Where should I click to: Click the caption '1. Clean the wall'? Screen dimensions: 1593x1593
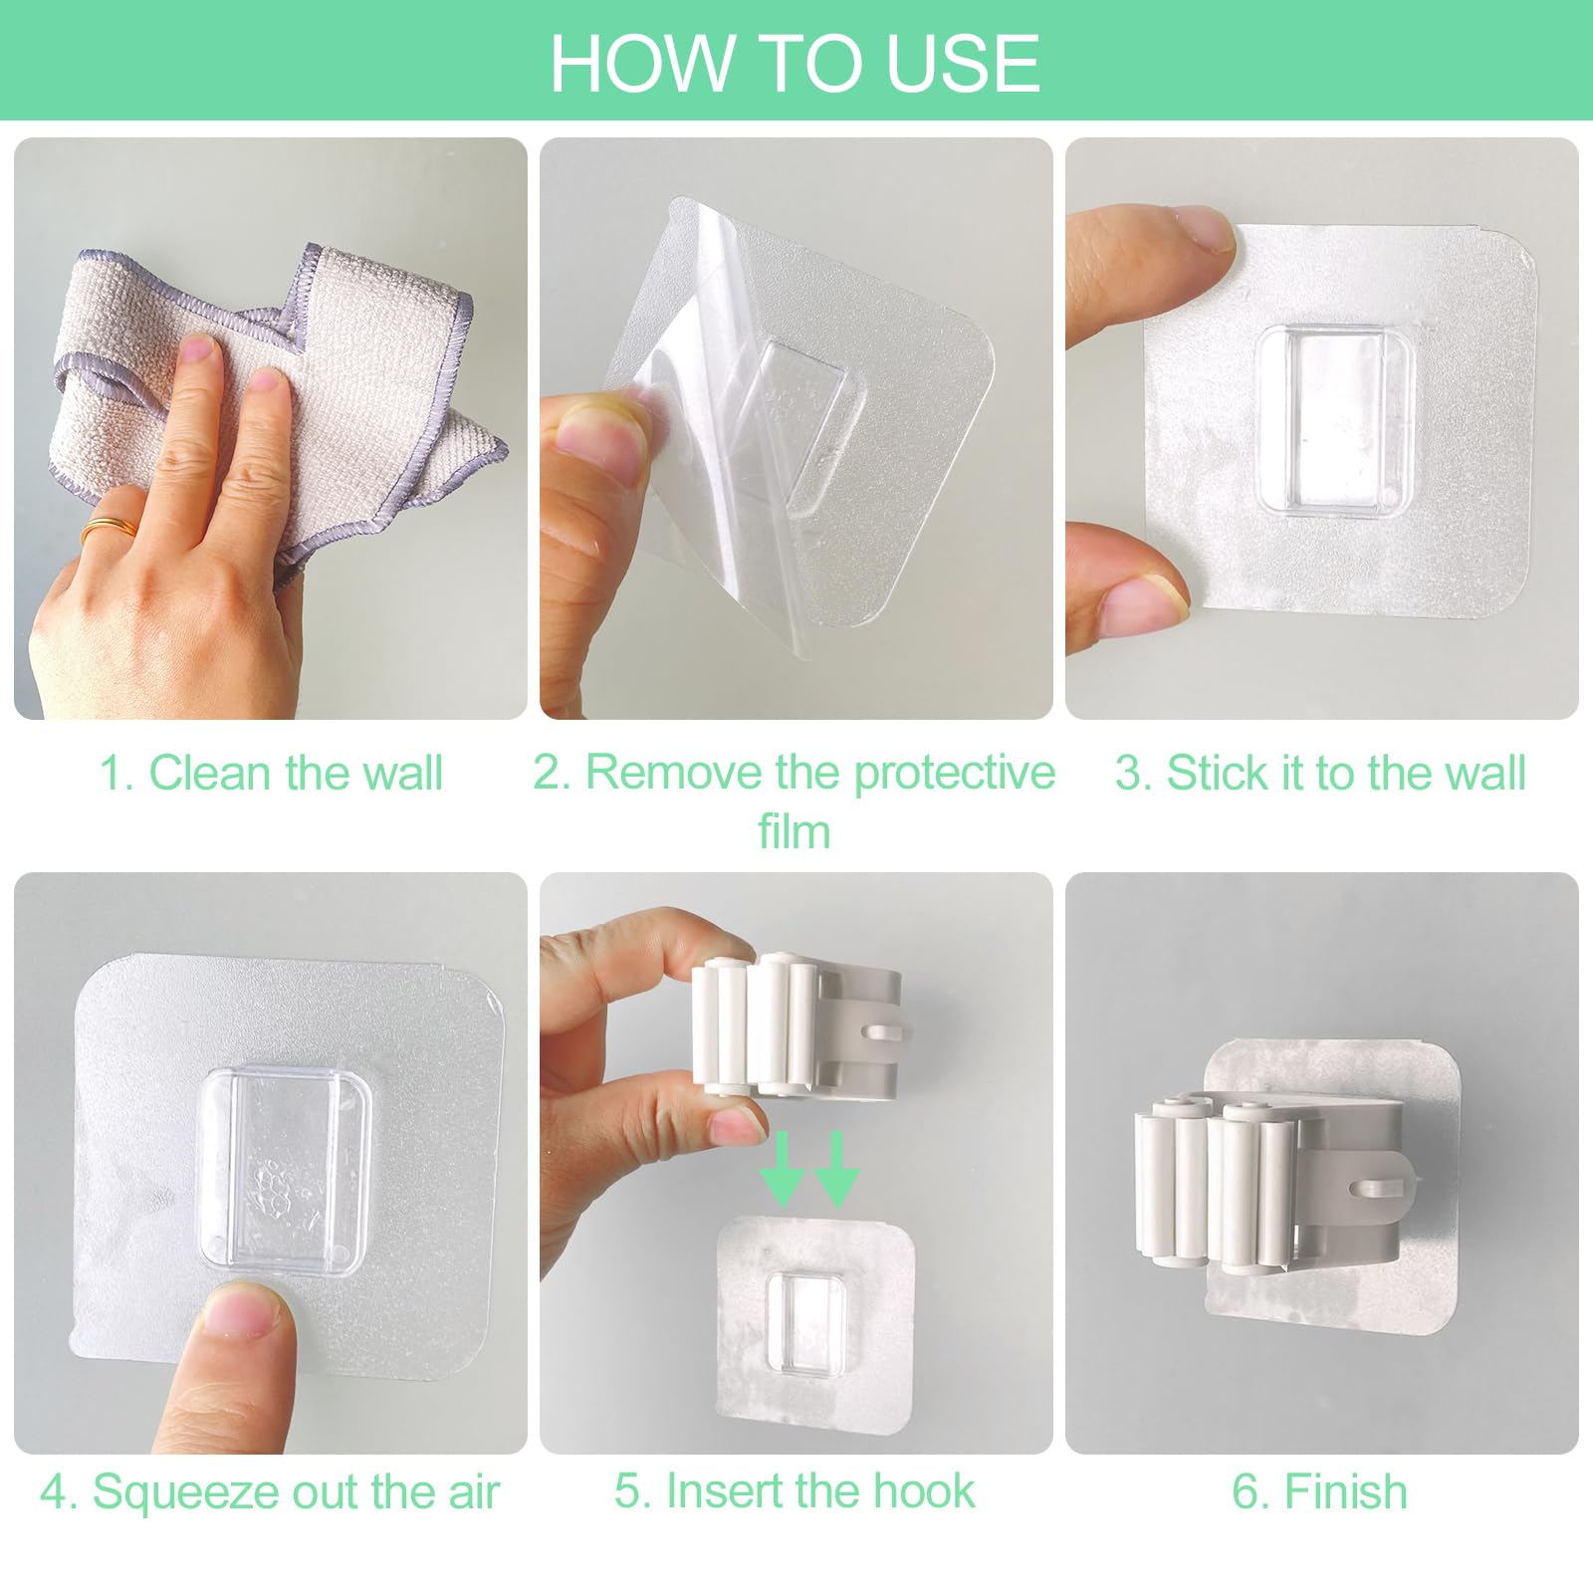(x=271, y=773)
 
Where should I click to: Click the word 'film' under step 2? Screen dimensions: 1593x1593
(x=794, y=830)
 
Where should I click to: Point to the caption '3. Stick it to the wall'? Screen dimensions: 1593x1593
(x=1320, y=773)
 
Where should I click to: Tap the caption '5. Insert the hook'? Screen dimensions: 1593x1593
(x=795, y=1490)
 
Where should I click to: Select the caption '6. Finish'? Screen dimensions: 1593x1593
(x=1319, y=1491)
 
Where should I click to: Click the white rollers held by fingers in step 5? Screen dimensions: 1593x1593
(x=757, y=1025)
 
